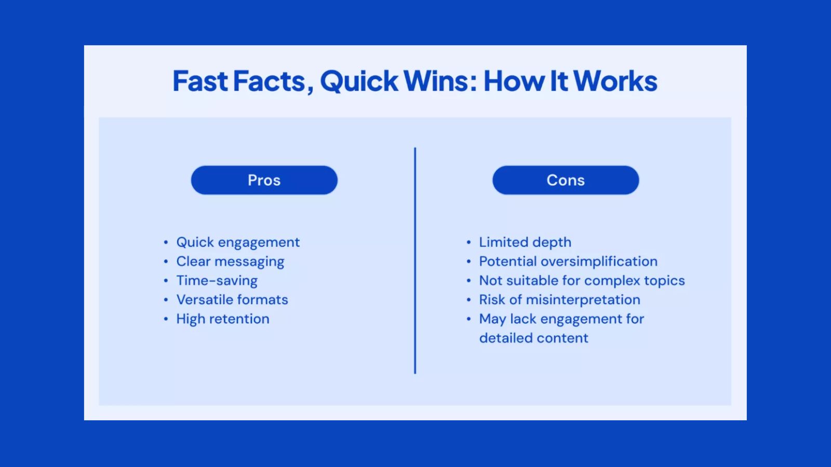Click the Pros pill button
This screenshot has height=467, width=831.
(264, 180)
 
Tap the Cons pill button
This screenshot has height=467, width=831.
(566, 180)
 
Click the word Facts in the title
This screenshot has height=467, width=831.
(269, 81)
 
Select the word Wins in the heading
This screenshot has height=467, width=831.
(436, 81)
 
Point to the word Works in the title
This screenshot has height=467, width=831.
(615, 81)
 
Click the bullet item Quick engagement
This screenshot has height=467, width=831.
(238, 242)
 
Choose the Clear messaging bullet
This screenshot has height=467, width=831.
(230, 262)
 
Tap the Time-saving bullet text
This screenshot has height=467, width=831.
(217, 281)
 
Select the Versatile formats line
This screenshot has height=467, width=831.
(232, 300)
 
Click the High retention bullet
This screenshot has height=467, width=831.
(223, 319)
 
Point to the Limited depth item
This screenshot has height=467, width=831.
(525, 242)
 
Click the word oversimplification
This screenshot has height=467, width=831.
(599, 262)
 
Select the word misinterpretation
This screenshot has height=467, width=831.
(583, 300)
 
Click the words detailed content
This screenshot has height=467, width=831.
(533, 338)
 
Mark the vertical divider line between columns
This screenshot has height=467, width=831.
(415, 260)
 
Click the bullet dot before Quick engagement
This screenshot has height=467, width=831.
(166, 242)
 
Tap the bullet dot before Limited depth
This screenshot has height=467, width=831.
(468, 242)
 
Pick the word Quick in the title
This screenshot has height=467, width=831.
(359, 81)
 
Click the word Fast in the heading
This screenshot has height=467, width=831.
(200, 81)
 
